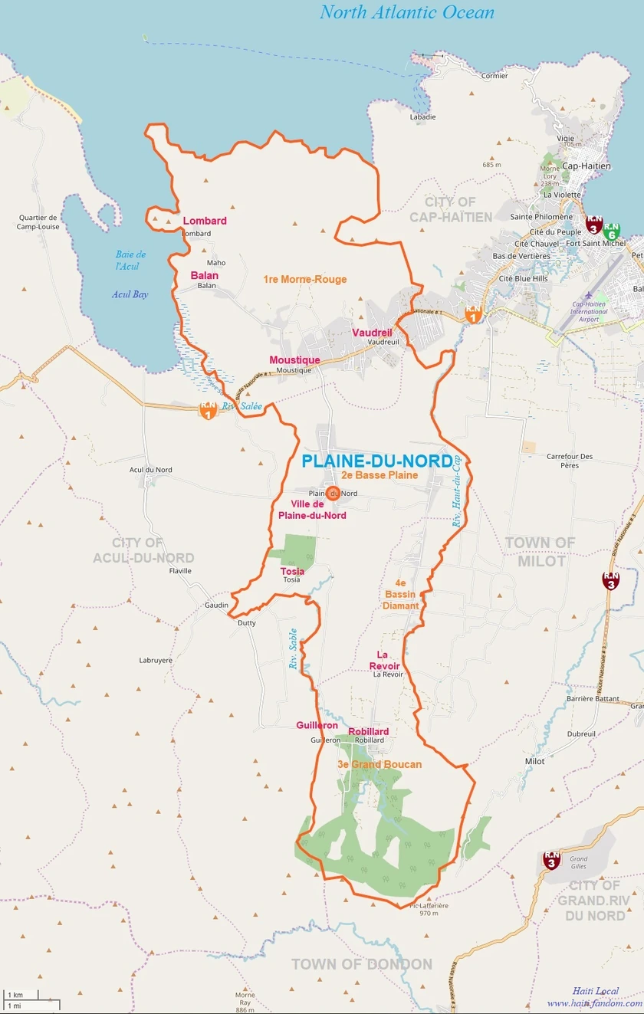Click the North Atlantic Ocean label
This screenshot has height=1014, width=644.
click(406, 12)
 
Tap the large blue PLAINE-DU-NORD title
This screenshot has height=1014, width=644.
click(376, 461)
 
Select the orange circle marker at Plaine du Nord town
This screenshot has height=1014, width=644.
click(333, 493)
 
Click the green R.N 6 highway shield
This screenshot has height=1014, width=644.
click(611, 229)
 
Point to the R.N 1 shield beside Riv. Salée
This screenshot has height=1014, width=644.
click(207, 411)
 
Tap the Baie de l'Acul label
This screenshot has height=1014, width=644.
click(130, 260)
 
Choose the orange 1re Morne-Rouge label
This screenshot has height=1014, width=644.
click(304, 280)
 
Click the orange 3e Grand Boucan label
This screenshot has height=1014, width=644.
click(379, 764)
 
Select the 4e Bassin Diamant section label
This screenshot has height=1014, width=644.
click(402, 594)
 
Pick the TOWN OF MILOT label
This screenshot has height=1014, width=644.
click(540, 551)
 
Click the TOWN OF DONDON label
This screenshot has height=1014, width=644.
click(361, 964)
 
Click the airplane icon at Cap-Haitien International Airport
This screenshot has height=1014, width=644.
click(589, 295)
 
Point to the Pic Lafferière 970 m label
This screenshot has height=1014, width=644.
click(429, 909)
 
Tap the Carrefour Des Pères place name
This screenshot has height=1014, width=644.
click(569, 461)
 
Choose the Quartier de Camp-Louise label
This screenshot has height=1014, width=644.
click(38, 222)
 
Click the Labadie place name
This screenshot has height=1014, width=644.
click(422, 117)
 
